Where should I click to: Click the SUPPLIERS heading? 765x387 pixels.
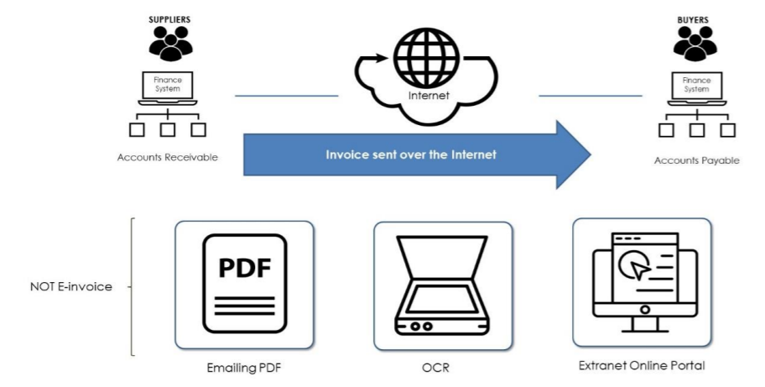point(171,18)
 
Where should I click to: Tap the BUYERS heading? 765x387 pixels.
point(693,18)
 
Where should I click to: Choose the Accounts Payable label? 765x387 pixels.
point(697,160)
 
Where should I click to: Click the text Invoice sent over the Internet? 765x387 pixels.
point(412,154)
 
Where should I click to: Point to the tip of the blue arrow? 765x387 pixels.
point(589,154)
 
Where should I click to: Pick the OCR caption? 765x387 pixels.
point(442,369)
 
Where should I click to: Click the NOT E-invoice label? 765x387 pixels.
point(70,286)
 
